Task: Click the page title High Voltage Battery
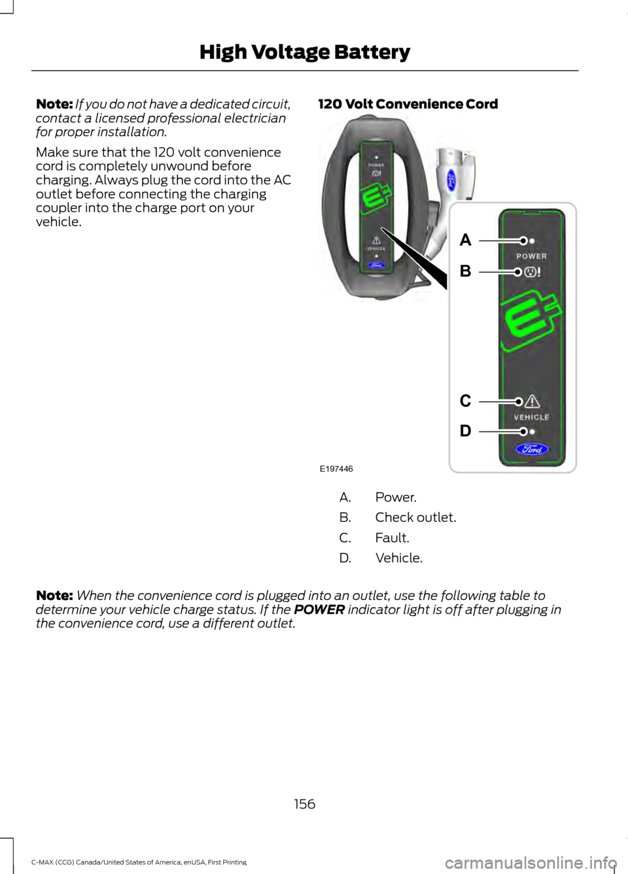pyautogui.click(x=305, y=52)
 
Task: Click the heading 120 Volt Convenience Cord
pyautogui.click(x=408, y=104)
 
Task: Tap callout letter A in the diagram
pyautogui.click(x=465, y=241)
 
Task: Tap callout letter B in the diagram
pyautogui.click(x=465, y=271)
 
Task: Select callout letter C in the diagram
pyautogui.click(x=465, y=401)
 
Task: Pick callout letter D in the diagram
pyautogui.click(x=465, y=431)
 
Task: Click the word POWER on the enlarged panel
pyautogui.click(x=531, y=256)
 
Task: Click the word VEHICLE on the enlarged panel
pyautogui.click(x=531, y=417)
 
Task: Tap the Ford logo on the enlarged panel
pyautogui.click(x=532, y=449)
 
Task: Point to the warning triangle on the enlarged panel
pyautogui.click(x=532, y=401)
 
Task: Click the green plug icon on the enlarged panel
pyautogui.click(x=531, y=324)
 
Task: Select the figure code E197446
pyautogui.click(x=336, y=469)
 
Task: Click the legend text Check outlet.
pyautogui.click(x=415, y=517)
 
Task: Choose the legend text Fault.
pyautogui.click(x=392, y=537)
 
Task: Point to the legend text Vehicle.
pyautogui.click(x=398, y=558)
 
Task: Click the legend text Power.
pyautogui.click(x=396, y=497)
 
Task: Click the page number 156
pyautogui.click(x=305, y=803)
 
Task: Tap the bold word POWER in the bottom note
pyautogui.click(x=319, y=609)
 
